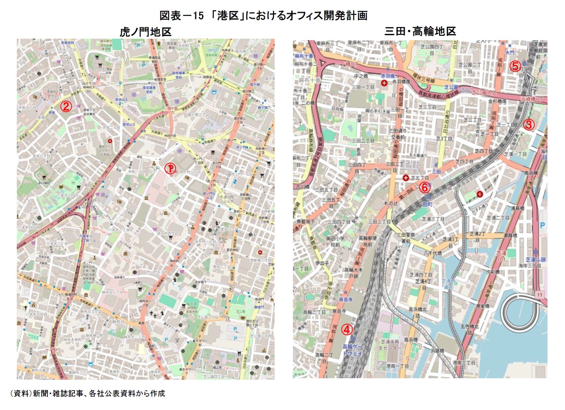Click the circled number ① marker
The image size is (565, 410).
pyautogui.click(x=170, y=168)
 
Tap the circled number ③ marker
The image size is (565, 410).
pyautogui.click(x=528, y=124)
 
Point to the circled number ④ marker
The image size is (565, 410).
pyautogui.click(x=347, y=329)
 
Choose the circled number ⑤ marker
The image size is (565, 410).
pyautogui.click(x=515, y=66)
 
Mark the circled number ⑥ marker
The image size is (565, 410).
pyautogui.click(x=424, y=188)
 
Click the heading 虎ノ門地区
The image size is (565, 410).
pyautogui.click(x=145, y=32)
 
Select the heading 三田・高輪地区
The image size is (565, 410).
pyautogui.click(x=420, y=31)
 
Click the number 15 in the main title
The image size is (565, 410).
pyautogui.click(x=198, y=16)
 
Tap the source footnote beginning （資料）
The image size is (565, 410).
pyautogui.click(x=87, y=393)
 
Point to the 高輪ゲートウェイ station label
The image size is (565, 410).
pyautogui.click(x=352, y=350)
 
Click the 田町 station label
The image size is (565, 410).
pyautogui.click(x=427, y=204)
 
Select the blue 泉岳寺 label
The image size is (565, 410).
pyautogui.click(x=346, y=299)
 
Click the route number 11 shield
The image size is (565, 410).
pyautogui.click(x=540, y=294)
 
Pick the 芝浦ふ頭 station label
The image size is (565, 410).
pyautogui.click(x=535, y=260)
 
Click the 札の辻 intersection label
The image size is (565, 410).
pyautogui.click(x=391, y=203)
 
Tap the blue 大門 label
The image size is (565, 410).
pyautogui.click(x=510, y=53)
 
